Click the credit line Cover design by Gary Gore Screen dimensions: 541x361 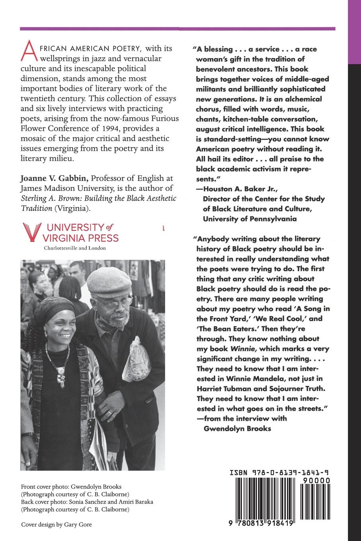pyautogui.click(x=56, y=524)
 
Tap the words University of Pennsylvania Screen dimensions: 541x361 pyautogui.click(x=250, y=218)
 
